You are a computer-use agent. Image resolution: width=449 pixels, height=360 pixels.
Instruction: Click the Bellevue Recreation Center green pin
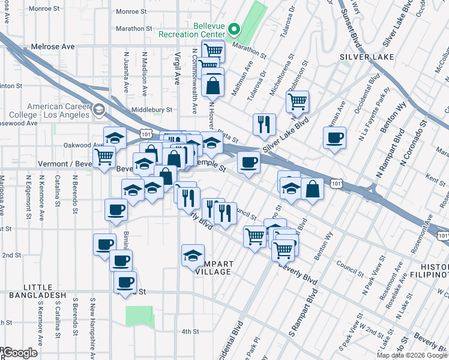click(236, 28)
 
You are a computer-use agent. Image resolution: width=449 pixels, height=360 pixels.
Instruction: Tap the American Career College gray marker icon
click(99, 109)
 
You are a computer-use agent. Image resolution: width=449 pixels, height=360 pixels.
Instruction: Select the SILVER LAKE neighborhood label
click(367, 57)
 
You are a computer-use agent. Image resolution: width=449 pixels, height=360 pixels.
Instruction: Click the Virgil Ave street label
click(177, 67)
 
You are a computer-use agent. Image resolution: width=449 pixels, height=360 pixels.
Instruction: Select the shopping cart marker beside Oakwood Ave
click(104, 156)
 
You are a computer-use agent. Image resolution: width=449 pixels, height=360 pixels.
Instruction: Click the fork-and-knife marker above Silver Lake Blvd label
click(264, 124)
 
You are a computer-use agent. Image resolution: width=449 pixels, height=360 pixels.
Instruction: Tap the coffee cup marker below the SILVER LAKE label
click(334, 138)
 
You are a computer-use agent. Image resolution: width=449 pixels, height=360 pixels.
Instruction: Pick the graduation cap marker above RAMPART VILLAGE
click(193, 255)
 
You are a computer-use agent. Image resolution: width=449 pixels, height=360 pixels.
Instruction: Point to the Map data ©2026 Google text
click(412, 355)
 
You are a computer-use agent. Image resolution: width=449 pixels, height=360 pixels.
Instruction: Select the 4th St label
click(190, 331)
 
